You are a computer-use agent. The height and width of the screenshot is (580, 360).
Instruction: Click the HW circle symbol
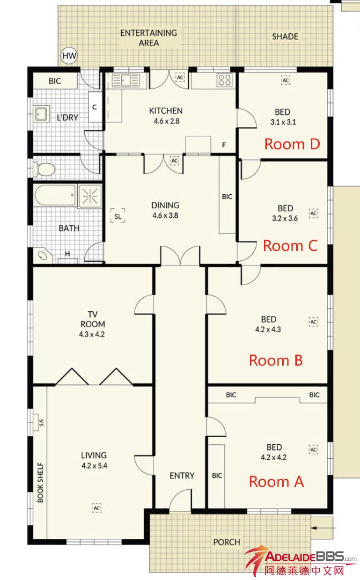69,55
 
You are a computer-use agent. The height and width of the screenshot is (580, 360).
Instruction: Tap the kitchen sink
126,80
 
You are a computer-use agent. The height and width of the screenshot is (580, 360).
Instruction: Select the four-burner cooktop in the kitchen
224,80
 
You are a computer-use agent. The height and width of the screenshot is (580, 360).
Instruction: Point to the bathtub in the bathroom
55,196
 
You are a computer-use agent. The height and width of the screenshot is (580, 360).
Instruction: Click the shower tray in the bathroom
89,196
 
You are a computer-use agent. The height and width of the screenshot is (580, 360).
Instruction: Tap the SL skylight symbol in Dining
118,216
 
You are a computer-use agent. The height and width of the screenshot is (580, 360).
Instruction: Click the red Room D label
292,144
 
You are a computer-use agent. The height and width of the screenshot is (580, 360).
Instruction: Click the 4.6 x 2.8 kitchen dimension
167,121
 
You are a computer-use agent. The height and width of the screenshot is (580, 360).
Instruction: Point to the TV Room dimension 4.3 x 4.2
92,334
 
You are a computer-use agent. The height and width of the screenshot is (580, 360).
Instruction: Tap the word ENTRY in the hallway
182,476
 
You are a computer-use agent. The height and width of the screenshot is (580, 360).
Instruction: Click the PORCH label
227,542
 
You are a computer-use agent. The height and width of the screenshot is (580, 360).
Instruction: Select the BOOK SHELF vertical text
41,483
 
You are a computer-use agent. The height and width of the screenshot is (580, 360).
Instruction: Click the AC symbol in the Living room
96,508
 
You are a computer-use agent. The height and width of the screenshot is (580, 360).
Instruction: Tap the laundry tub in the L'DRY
41,114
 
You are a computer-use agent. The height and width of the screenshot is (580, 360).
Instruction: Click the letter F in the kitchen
224,145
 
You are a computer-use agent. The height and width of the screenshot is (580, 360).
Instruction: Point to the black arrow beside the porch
324,528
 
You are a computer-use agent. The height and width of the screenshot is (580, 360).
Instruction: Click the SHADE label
285,37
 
